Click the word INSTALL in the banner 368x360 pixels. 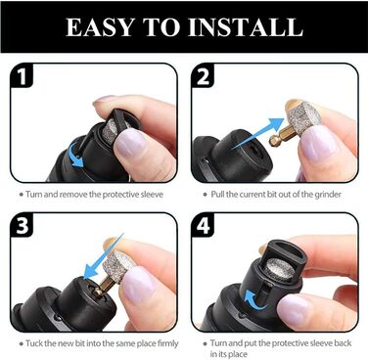point(246,26)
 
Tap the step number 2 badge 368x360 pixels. point(203,76)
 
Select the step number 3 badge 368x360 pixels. point(23,225)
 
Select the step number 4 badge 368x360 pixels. point(203,226)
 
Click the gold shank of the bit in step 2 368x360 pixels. point(282,138)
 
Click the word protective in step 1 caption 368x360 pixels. point(120,195)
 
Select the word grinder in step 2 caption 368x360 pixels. point(328,195)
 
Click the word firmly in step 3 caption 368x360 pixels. point(168,343)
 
